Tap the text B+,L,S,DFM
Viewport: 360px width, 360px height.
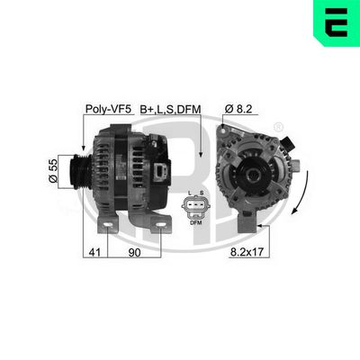(x=170, y=109)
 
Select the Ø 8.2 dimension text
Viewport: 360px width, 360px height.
(x=238, y=109)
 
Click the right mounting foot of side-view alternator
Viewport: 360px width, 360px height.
(x=160, y=222)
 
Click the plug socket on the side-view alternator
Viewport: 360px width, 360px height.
(x=162, y=171)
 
